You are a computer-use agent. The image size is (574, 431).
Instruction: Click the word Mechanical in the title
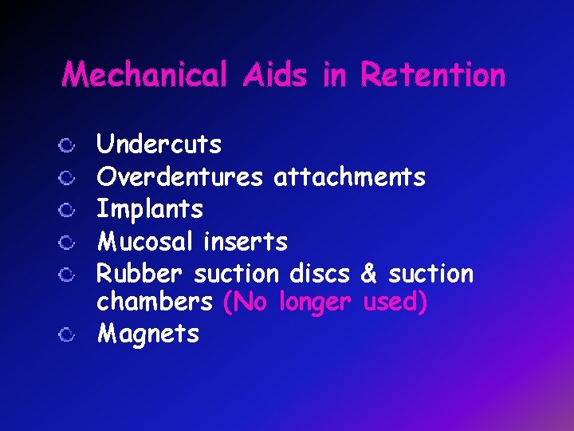click(x=144, y=75)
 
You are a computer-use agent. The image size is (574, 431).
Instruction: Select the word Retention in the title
click(x=433, y=75)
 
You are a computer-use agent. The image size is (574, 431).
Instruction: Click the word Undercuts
click(x=159, y=144)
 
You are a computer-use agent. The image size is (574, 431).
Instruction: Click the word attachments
click(x=349, y=176)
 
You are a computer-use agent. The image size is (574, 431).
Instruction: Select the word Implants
click(x=150, y=209)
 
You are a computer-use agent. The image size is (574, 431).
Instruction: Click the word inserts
click(x=246, y=241)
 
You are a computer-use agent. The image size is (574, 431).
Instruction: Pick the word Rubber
click(x=140, y=274)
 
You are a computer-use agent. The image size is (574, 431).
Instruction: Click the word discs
click(x=319, y=274)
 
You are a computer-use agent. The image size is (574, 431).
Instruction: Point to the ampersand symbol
click(x=368, y=274)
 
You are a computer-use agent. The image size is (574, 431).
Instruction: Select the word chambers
click(x=155, y=303)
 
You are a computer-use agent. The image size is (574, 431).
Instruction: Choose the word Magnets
click(x=147, y=334)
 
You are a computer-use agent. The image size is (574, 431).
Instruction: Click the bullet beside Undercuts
click(x=69, y=145)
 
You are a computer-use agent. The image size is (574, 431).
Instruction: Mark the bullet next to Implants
click(x=69, y=210)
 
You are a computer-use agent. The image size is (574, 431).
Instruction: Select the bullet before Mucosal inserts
click(x=69, y=242)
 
